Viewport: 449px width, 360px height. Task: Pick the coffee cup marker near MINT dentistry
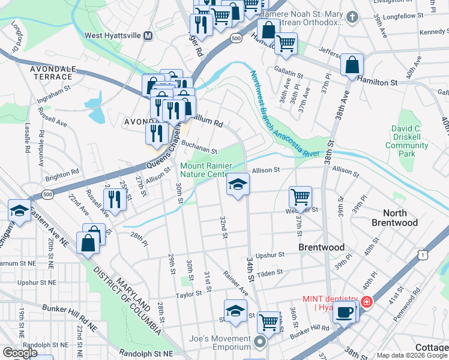pyautogui.click(x=344, y=311)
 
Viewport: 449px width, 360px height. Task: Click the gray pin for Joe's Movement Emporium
pyautogui.click(x=259, y=343)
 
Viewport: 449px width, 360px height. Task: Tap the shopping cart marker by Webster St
pyautogui.click(x=300, y=196)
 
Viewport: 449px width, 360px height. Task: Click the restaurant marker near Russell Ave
pyautogui.click(x=115, y=199)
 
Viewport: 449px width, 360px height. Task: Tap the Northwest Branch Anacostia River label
pyautogui.click(x=279, y=114)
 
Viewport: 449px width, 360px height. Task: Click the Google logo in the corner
pyautogui.click(x=19, y=353)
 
